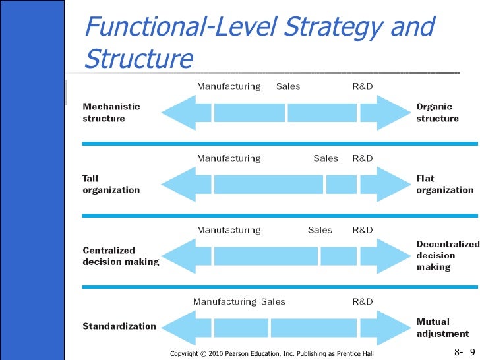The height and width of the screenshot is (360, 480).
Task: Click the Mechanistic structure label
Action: (111, 112)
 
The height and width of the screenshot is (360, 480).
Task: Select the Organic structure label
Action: (437, 112)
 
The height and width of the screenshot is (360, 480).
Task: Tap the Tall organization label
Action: (111, 184)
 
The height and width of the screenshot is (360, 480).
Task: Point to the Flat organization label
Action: (444, 184)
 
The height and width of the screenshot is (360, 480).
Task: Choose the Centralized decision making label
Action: (121, 256)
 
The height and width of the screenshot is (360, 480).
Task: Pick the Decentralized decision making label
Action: (448, 255)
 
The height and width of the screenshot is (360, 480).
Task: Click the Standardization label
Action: (119, 326)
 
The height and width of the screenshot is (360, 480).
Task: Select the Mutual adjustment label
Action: (442, 328)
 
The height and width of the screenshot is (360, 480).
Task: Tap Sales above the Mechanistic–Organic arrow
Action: (288, 86)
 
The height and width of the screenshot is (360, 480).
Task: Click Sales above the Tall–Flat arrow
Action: (326, 158)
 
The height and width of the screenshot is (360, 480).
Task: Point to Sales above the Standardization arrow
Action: (273, 301)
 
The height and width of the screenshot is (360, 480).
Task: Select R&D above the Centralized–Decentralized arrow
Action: (363, 230)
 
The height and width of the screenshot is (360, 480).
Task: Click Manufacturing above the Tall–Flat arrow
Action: (229, 158)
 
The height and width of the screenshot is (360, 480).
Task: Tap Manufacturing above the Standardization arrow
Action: (224, 301)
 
